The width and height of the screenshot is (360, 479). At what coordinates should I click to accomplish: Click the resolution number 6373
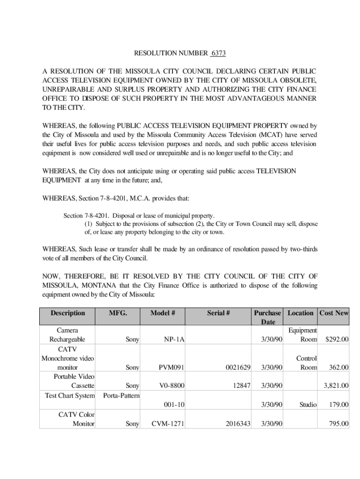218,53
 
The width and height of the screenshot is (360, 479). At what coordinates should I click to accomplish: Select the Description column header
68,313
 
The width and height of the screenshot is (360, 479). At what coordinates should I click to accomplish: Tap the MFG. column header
118,313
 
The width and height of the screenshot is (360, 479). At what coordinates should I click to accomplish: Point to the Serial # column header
218,313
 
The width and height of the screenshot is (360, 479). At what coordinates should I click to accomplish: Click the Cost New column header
334,313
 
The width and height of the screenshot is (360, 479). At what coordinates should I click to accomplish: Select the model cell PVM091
172,368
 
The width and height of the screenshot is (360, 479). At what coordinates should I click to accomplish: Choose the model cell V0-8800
172,386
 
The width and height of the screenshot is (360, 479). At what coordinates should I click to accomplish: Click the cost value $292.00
337,339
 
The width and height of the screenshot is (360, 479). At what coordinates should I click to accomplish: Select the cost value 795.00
338,424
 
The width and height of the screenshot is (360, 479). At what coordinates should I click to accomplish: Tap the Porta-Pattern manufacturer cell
121,395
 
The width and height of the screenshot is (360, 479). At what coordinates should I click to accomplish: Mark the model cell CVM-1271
168,424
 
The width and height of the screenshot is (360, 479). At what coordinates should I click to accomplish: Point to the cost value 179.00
338,405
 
